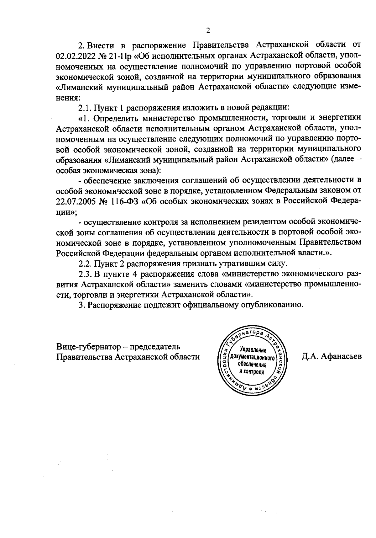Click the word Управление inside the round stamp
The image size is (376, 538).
point(253,350)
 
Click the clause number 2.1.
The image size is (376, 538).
point(85,107)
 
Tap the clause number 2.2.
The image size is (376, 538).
point(85,263)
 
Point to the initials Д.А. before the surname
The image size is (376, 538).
point(311,356)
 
